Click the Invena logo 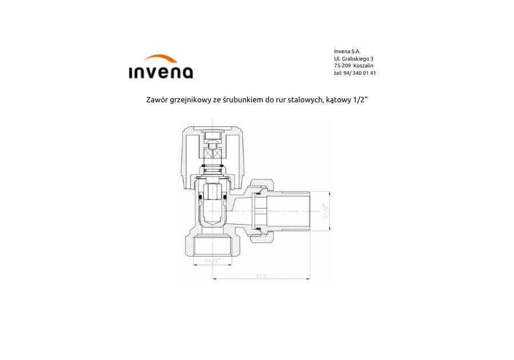point(160,67)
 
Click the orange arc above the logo point(160,58)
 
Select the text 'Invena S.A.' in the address point(347,51)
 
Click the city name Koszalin point(364,66)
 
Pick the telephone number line point(355,73)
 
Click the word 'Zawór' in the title point(155,99)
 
